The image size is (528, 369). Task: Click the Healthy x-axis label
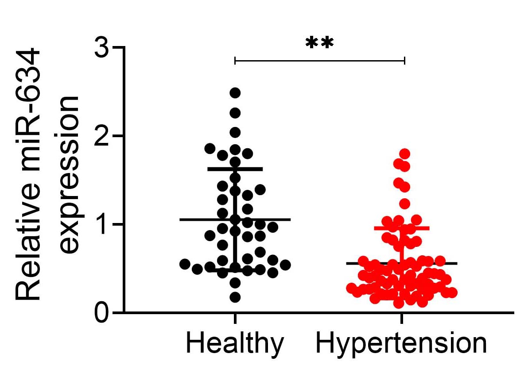(235, 344)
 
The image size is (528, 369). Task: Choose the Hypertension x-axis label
(401, 344)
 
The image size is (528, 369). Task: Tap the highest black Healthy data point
(235, 93)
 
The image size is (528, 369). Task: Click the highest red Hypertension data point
(404, 154)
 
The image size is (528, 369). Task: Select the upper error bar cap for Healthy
(235, 169)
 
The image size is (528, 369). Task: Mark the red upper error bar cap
(402, 228)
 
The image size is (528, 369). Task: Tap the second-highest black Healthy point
(235, 113)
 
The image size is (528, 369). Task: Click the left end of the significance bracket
(235, 60)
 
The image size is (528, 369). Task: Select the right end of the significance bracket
(404, 60)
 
